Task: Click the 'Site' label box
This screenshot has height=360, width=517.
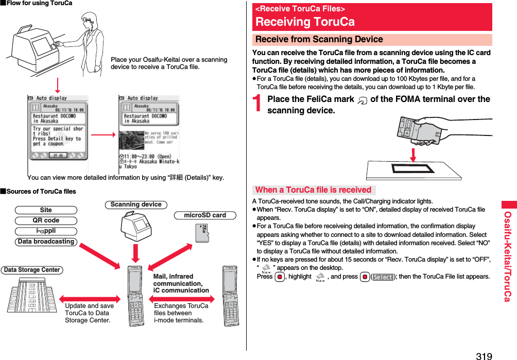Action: (x=46, y=210)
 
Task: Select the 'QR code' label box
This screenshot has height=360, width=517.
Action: (x=46, y=220)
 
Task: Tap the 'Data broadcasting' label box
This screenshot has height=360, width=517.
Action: (x=46, y=242)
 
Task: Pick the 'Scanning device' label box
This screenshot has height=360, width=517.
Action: (x=136, y=204)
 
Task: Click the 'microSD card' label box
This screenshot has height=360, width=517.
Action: (x=205, y=215)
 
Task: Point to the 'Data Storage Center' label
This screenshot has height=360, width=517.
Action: (x=32, y=270)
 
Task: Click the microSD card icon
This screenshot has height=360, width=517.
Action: (x=202, y=232)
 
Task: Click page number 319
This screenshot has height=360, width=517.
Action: (x=484, y=355)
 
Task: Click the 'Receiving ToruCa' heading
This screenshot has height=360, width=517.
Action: (x=305, y=22)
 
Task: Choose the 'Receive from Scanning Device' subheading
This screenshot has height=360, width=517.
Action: (x=319, y=40)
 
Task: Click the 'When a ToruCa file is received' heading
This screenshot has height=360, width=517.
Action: (x=313, y=190)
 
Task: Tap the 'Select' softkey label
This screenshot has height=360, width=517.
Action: (x=383, y=277)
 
